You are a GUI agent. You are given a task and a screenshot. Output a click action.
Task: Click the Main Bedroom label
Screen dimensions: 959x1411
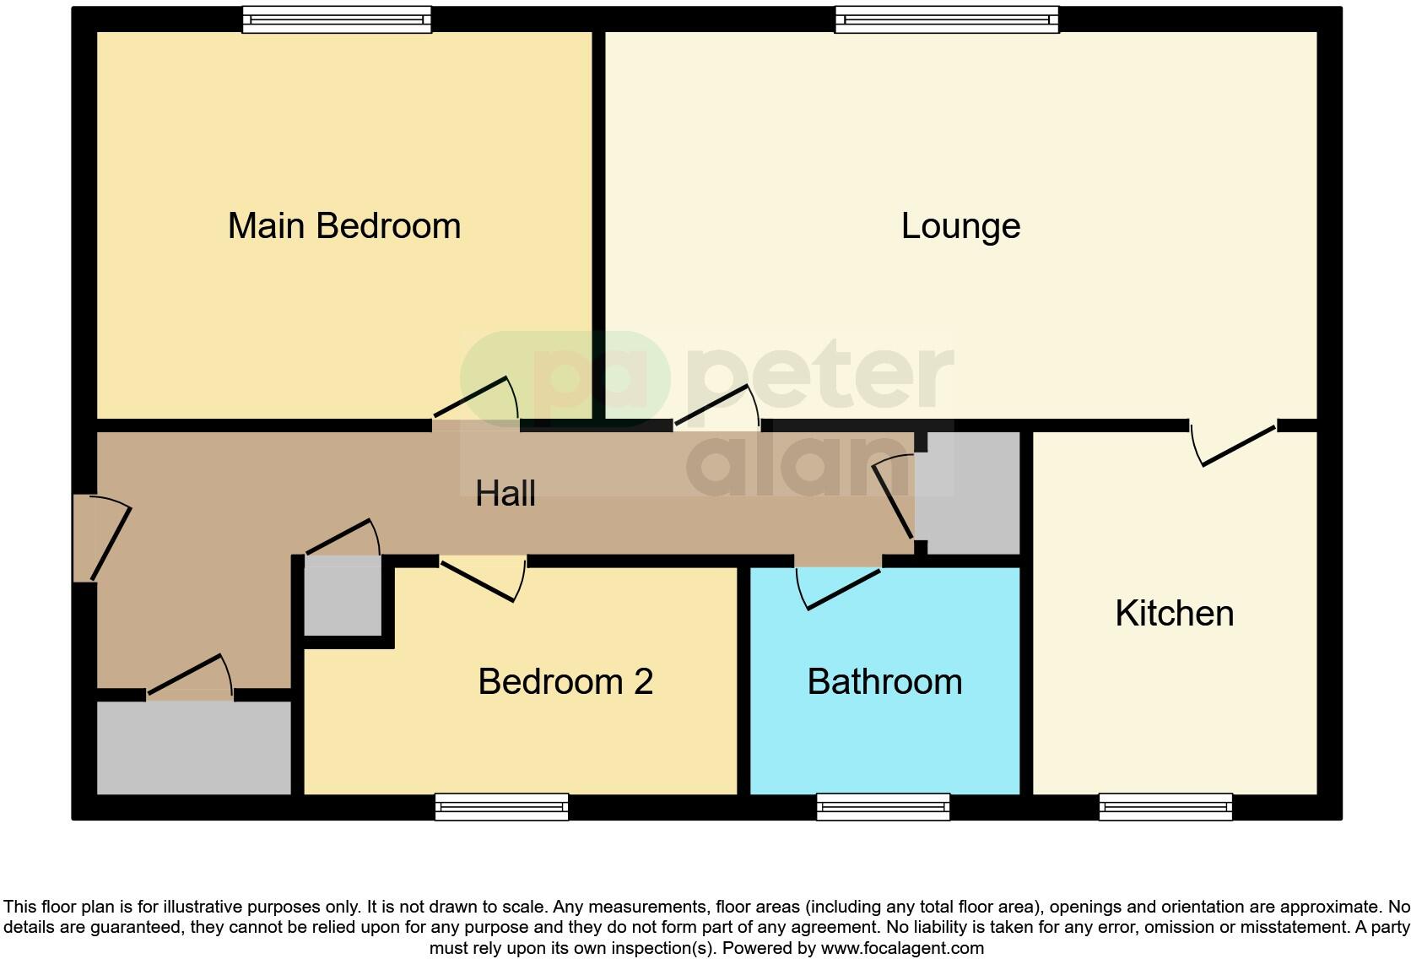point(344,226)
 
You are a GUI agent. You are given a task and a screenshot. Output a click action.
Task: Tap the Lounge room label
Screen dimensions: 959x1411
point(960,226)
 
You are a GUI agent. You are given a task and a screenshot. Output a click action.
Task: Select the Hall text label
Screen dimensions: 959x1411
point(505,493)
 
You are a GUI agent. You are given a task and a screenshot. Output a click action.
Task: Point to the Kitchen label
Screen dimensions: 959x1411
point(1174,614)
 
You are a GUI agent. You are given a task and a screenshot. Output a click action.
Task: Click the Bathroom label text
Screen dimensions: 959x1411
point(884,682)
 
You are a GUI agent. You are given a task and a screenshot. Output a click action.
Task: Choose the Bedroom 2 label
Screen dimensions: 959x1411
point(565,682)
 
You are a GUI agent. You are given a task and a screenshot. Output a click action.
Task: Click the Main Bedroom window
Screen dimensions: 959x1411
point(337,19)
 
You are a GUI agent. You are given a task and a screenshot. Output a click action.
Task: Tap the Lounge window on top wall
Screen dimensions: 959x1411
point(946,19)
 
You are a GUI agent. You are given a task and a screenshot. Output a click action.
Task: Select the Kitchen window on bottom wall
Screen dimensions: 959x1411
point(1165,807)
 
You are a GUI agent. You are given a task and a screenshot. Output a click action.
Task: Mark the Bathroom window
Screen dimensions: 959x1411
point(883,807)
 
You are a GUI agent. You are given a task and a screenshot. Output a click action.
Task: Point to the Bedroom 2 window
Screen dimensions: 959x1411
point(501,807)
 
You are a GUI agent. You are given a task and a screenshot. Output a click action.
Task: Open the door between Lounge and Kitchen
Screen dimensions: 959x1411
point(1235,444)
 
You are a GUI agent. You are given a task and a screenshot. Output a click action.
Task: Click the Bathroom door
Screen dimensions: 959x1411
point(841,587)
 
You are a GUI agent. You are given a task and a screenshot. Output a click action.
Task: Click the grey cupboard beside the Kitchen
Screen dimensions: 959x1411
point(968,493)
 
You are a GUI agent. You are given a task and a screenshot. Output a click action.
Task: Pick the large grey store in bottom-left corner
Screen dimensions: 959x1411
point(194,747)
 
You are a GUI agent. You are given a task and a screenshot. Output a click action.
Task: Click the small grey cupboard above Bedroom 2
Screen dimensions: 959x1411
point(343,596)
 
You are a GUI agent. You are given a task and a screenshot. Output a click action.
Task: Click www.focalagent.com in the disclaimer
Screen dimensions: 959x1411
point(901,948)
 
